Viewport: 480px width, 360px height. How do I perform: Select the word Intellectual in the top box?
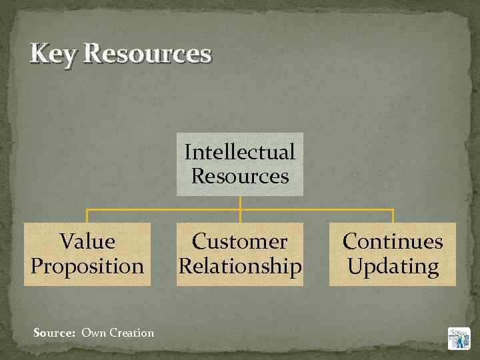[x=240, y=152]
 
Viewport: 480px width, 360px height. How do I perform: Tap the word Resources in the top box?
[x=240, y=176]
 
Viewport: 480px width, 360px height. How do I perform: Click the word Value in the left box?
[x=87, y=241]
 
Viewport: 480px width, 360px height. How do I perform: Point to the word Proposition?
[x=87, y=266]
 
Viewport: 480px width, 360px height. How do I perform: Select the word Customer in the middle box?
[x=240, y=241]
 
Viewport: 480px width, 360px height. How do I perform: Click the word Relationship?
[x=240, y=266]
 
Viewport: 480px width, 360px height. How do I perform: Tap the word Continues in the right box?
[x=393, y=241]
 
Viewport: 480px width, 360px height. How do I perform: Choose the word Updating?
[x=393, y=266]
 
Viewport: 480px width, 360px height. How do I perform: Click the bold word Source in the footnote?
[x=53, y=333]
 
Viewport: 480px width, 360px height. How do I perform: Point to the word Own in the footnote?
[x=93, y=333]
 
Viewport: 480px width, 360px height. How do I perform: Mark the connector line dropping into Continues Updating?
[x=393, y=216]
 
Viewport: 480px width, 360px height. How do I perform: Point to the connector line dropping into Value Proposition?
[x=87, y=216]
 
